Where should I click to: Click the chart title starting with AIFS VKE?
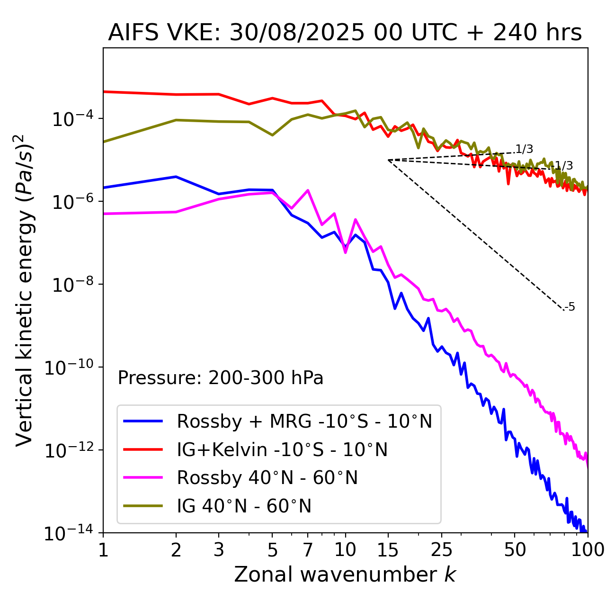pos(345,33)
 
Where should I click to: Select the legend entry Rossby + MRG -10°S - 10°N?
pos(304,421)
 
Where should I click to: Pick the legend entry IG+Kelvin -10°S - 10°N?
pos(282,449)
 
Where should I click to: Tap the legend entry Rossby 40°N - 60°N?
pos(267,478)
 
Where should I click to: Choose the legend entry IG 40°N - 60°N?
pos(244,506)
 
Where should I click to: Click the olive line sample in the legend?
pos(143,506)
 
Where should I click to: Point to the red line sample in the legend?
pos(143,449)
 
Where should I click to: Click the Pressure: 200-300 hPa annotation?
pos(220,378)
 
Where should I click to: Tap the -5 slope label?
pos(570,307)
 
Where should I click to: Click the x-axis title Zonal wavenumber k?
pos(345,574)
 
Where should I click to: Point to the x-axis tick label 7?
pos(308,550)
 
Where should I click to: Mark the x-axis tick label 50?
pos(515,550)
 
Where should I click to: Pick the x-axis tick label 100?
pos(587,550)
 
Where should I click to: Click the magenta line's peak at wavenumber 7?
pos(308,190)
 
